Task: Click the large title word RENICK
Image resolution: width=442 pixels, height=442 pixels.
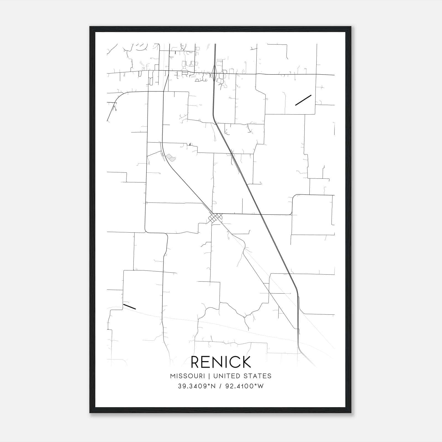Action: point(221,362)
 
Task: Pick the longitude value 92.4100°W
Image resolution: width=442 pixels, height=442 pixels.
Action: point(244,386)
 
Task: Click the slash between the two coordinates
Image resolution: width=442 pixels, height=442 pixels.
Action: point(220,386)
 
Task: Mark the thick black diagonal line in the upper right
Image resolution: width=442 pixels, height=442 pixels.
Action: point(303,100)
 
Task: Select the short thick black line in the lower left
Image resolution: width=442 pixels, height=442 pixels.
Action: point(129,306)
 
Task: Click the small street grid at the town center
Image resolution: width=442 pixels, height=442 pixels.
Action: point(215,218)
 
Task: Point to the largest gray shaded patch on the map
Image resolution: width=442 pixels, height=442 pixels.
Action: point(171,158)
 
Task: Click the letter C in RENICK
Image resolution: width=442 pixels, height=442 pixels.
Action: point(234,362)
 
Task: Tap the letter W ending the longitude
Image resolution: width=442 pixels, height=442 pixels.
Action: point(261,386)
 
